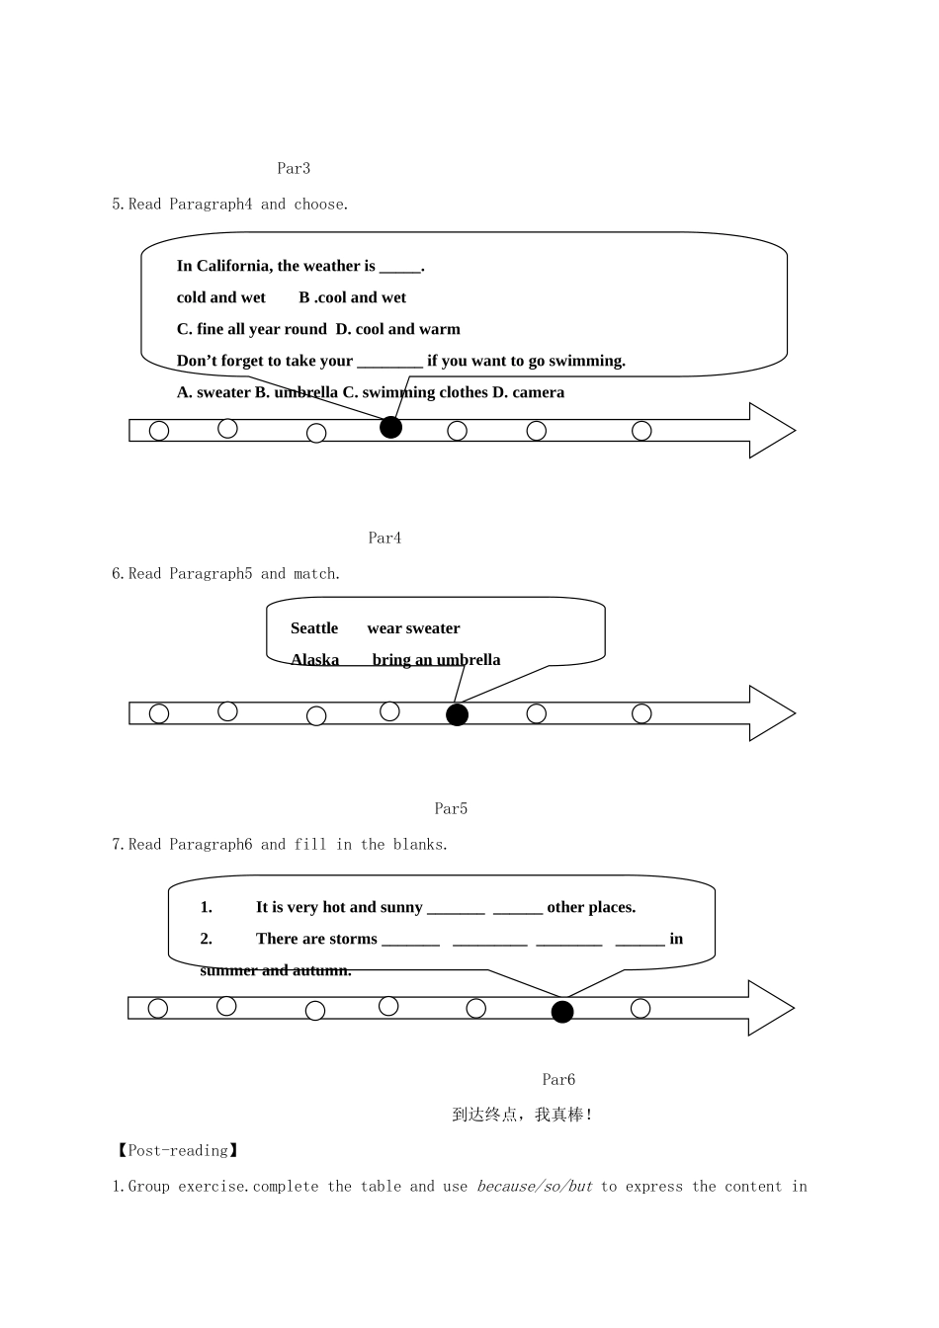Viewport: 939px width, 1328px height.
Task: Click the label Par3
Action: click(x=294, y=168)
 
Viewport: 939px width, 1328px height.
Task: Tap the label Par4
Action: click(x=384, y=538)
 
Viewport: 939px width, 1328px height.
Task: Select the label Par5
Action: click(x=451, y=808)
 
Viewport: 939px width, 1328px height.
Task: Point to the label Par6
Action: click(x=558, y=1080)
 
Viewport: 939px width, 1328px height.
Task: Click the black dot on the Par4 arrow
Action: click(x=390, y=428)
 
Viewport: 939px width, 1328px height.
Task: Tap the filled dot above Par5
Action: click(x=458, y=714)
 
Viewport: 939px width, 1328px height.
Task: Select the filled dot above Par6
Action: click(x=562, y=1012)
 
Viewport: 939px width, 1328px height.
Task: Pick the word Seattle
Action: click(x=314, y=628)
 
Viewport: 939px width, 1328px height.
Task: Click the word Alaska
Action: click(x=315, y=660)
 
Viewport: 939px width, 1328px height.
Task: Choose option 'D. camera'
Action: click(x=528, y=392)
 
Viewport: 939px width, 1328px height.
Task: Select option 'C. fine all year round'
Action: click(x=251, y=329)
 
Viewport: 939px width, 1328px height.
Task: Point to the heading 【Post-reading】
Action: click(x=177, y=1151)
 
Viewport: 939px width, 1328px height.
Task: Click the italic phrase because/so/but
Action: click(x=535, y=1187)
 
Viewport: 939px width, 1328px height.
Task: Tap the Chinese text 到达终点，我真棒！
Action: click(x=522, y=1115)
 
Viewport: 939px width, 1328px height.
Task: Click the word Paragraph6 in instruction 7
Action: click(x=211, y=844)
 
